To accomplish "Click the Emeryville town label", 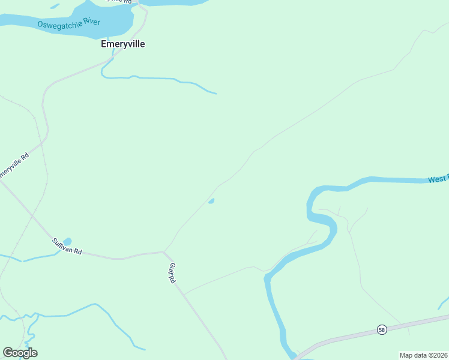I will coord(123,44).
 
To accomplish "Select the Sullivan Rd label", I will coord(67,246).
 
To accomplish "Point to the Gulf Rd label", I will coord(172,273).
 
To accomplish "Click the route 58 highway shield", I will coord(381,329).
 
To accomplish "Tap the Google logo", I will coord(20,353).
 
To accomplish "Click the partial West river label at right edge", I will coord(438,179).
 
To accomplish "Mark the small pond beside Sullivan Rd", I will coord(67,241).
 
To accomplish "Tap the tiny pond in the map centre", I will coord(211,201).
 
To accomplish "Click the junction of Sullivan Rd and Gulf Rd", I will coord(164,252).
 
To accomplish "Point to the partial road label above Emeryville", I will coord(120,2).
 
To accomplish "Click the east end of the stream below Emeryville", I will coord(215,93).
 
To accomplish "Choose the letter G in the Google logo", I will coord(8,352).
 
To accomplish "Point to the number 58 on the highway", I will coord(381,329).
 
